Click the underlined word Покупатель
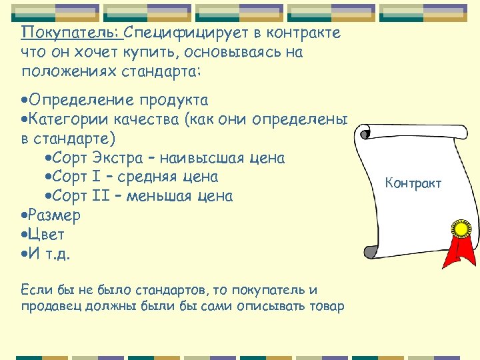(69, 33)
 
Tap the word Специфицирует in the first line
(174, 33)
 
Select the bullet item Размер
(53, 215)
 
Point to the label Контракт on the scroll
(413, 183)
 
